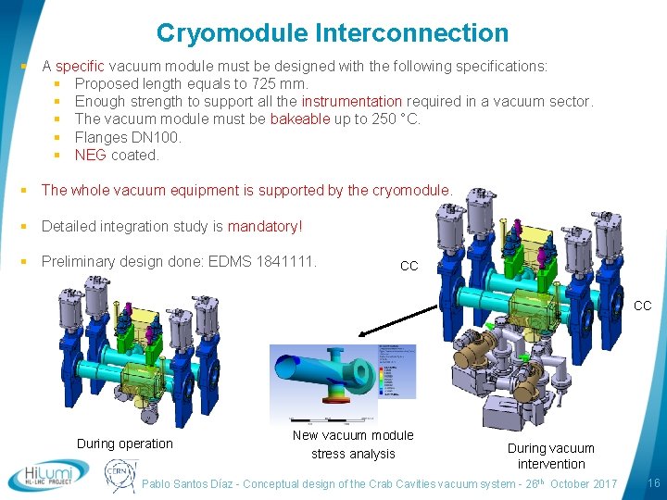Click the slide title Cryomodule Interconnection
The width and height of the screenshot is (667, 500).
coord(333,33)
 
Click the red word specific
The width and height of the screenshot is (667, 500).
coord(81,67)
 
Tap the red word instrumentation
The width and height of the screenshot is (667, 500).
coord(352,102)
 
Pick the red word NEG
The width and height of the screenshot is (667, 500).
coord(90,155)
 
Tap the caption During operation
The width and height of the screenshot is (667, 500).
coord(125,444)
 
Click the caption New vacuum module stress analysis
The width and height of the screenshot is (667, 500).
coord(353,444)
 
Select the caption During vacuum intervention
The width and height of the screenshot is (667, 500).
coord(551,456)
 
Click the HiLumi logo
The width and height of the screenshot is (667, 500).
coord(47,474)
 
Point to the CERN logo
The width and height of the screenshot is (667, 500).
coord(120,475)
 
